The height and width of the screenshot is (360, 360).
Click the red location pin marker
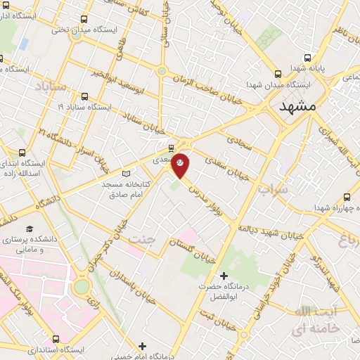point(181,164)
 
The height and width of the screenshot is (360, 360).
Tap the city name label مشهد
point(299,108)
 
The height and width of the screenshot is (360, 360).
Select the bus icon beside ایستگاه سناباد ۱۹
point(84,96)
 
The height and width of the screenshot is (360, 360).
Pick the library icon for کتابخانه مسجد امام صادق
point(127,173)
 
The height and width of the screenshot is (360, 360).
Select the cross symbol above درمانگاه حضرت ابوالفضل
point(224,275)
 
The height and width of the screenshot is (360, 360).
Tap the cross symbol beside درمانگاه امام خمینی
point(142,345)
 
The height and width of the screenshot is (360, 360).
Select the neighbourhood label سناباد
point(49,86)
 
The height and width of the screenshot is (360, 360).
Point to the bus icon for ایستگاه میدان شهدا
point(278,72)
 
